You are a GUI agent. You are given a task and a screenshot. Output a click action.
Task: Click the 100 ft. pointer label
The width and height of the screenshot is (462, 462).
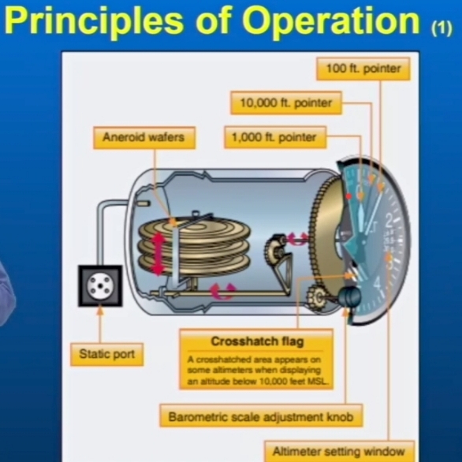click(x=363, y=69)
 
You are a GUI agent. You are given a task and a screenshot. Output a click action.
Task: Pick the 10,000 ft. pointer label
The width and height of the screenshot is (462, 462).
click(x=286, y=103)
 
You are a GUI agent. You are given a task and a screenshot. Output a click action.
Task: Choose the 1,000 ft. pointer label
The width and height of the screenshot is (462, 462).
click(x=275, y=137)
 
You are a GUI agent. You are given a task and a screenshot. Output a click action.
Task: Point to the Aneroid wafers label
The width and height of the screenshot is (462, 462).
click(x=144, y=137)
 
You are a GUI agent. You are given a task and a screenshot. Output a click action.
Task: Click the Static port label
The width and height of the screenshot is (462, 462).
click(x=107, y=354)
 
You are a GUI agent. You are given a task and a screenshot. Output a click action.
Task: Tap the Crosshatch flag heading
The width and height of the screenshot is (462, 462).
click(x=257, y=342)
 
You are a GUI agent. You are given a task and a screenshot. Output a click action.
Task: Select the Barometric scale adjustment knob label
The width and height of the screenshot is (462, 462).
click(x=261, y=417)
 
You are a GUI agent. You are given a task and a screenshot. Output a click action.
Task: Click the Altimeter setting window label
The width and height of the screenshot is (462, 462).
click(x=339, y=451)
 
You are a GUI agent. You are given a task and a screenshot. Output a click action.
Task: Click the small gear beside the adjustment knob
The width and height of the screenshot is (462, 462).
click(x=317, y=296)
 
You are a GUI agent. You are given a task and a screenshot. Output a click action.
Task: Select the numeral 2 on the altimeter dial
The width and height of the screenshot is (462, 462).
click(x=389, y=221)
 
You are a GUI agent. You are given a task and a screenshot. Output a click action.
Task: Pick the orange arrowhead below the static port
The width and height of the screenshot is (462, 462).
click(x=100, y=311)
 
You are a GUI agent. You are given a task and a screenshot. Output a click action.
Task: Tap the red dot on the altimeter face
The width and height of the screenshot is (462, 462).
click(x=349, y=196)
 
